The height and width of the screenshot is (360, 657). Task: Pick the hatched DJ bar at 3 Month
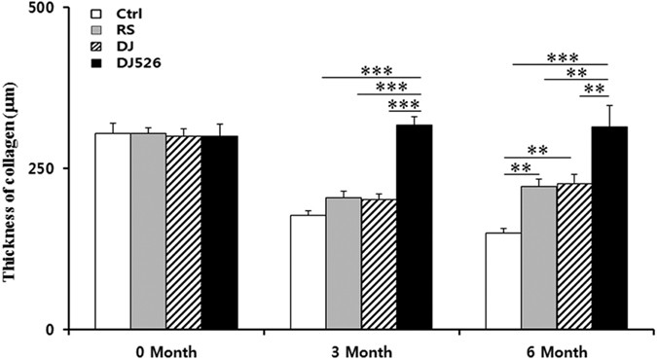pyautogui.click(x=379, y=264)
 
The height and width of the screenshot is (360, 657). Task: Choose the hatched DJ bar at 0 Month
pyautogui.click(x=184, y=233)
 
